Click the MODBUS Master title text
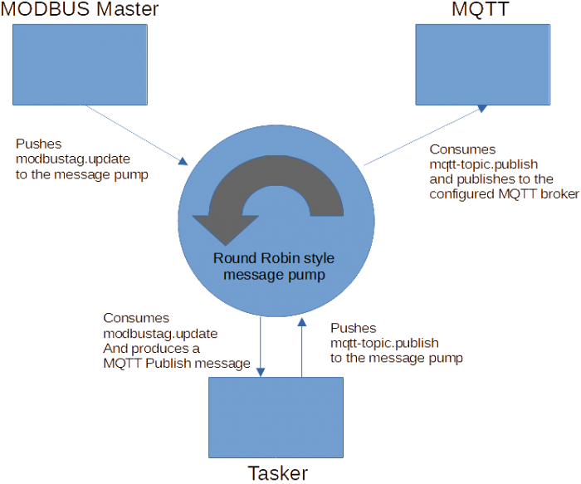80,9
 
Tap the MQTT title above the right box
481,9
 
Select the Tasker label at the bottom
277,473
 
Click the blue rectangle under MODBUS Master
80,65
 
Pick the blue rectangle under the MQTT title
483,65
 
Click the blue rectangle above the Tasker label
276,418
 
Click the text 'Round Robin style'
274,258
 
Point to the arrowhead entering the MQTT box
482,108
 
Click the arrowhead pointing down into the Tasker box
261,372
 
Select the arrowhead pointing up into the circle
302,321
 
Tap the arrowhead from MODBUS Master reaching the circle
183,161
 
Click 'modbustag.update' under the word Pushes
73,159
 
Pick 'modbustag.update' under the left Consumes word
160,334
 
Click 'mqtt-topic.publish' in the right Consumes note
484,164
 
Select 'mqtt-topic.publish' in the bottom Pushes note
384,343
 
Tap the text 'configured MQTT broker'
505,193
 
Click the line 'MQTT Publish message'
177,363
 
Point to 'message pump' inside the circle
274,275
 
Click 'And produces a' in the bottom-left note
152,349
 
